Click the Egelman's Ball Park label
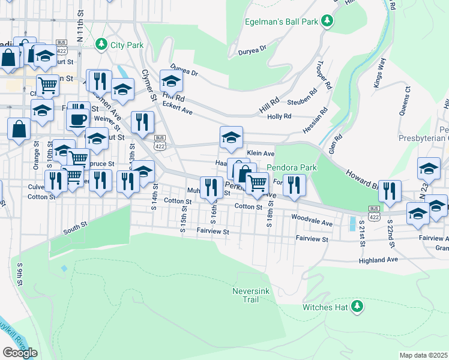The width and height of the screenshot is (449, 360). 281,22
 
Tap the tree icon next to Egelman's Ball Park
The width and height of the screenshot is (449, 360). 327,22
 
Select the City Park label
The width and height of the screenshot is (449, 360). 128,44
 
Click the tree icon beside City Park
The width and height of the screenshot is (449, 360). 102,44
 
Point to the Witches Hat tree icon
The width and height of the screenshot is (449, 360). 357,307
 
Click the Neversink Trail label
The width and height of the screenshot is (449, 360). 246,295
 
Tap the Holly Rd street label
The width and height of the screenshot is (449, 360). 279,116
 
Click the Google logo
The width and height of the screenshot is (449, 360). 20,352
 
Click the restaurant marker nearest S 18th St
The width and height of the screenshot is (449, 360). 294,185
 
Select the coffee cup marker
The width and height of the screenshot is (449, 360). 78,118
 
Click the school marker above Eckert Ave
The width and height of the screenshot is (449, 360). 171,80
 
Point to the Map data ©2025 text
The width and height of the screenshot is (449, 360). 423,355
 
